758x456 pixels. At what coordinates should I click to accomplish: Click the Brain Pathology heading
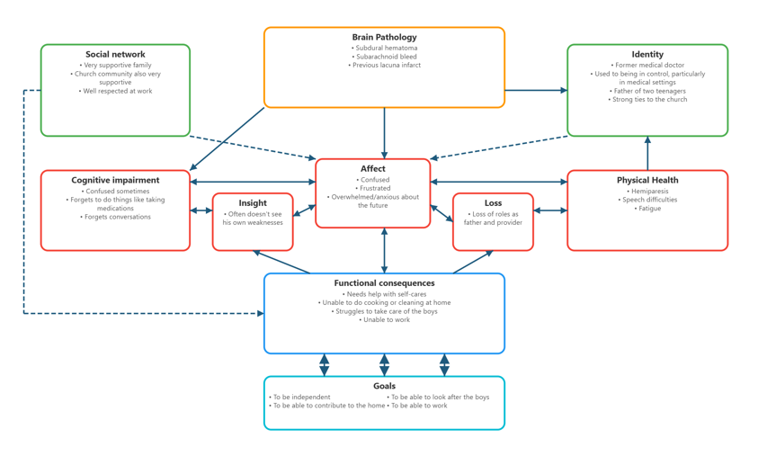[x=384, y=38]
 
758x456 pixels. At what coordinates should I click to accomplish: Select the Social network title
[x=115, y=55]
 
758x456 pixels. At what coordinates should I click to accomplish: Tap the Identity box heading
[x=647, y=55]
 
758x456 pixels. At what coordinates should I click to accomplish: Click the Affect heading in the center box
[x=372, y=169]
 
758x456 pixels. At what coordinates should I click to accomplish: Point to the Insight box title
[x=253, y=203]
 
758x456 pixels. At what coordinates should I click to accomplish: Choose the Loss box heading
[x=493, y=203]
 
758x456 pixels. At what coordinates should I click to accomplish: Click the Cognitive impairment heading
[x=115, y=181]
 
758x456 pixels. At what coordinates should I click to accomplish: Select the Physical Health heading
[x=647, y=181]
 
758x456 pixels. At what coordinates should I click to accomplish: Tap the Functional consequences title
[x=384, y=283]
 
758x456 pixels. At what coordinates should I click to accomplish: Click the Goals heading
[x=384, y=386]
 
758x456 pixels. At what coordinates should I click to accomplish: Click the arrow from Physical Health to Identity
[x=647, y=153]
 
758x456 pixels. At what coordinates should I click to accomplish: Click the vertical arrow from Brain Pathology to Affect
[x=384, y=133]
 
